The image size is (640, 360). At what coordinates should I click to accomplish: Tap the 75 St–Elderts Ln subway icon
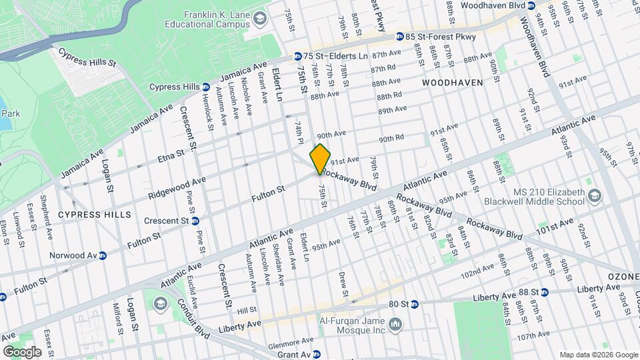tap(299, 57)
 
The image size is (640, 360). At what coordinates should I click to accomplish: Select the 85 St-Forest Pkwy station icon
tap(400, 37)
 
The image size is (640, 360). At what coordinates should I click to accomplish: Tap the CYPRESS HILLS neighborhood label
tap(91, 214)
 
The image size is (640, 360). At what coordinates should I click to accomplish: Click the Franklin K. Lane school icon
tap(257, 22)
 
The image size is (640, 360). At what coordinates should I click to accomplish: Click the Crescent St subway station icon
tap(195, 221)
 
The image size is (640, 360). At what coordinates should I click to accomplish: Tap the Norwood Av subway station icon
tap(103, 255)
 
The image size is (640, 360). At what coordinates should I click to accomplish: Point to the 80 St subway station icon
tap(414, 303)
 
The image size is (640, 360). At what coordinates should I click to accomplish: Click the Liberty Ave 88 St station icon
tap(544, 291)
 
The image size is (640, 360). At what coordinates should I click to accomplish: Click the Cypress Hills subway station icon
tap(206, 87)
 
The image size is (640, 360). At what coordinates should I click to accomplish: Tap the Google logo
tap(22, 352)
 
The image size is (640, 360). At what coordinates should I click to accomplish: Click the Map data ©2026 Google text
tap(598, 355)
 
